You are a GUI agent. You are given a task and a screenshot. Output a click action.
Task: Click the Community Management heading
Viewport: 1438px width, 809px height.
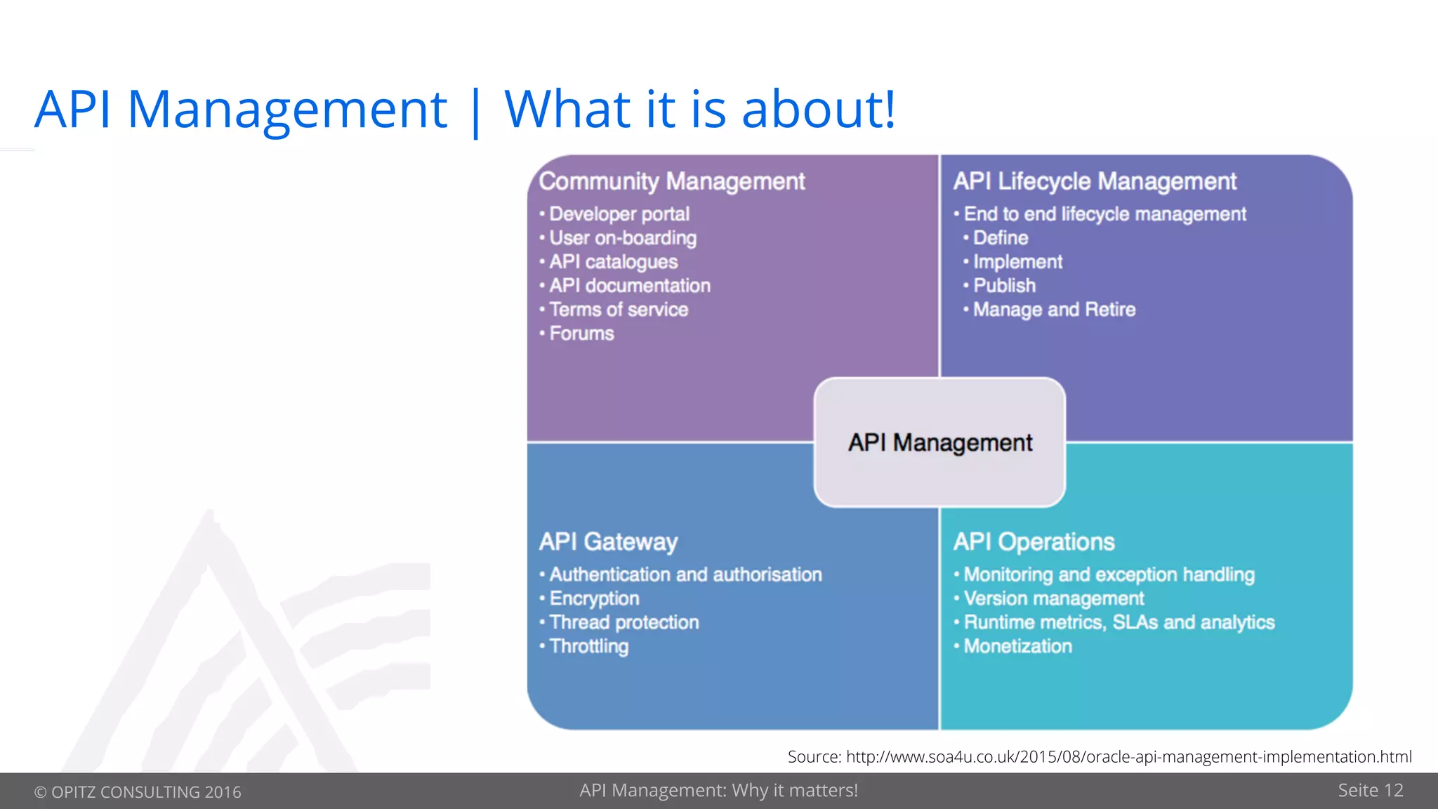pyautogui.click(x=671, y=181)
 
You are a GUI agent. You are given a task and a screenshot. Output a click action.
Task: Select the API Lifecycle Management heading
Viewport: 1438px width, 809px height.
pyautogui.click(x=1094, y=181)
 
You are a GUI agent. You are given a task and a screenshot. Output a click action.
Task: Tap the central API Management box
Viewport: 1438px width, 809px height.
pyautogui.click(x=939, y=442)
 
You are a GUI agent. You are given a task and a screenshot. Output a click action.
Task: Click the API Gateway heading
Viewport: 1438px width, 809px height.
pyautogui.click(x=608, y=541)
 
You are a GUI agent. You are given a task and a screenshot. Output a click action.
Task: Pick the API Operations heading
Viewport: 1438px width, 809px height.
pyautogui.click(x=1034, y=541)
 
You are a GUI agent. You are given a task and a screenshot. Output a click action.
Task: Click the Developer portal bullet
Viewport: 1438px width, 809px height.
pyautogui.click(x=619, y=213)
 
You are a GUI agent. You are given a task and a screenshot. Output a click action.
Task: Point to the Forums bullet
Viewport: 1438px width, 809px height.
pyautogui.click(x=581, y=333)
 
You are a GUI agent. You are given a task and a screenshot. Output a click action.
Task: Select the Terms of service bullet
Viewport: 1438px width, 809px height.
pyautogui.click(x=618, y=309)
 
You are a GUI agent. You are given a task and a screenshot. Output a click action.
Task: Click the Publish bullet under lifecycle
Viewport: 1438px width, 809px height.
pyautogui.click(x=1004, y=285)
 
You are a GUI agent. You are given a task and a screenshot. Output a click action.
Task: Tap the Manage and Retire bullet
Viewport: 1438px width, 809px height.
pyautogui.click(x=1053, y=309)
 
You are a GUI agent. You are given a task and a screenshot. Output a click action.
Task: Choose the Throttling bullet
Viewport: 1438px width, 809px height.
pyautogui.click(x=588, y=646)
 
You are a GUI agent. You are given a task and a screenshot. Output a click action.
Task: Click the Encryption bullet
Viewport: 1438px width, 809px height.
pyautogui.click(x=594, y=598)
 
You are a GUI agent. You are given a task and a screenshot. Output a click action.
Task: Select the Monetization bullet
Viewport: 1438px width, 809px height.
pyautogui.click(x=1017, y=646)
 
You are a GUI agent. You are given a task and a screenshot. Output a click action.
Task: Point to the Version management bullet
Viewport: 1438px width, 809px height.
pyautogui.click(x=1053, y=598)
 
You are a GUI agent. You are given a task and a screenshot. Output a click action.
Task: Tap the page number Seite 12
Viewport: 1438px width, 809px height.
pyautogui.click(x=1370, y=790)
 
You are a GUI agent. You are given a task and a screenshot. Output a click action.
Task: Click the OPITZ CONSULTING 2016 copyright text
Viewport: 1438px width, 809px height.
pyautogui.click(x=138, y=791)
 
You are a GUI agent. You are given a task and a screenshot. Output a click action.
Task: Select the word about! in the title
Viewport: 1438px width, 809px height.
pyautogui.click(x=818, y=110)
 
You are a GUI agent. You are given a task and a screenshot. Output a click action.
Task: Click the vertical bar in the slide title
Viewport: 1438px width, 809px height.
pyautogui.click(x=476, y=112)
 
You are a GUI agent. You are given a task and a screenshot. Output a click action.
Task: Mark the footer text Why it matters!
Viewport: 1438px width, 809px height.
pyautogui.click(x=795, y=790)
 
